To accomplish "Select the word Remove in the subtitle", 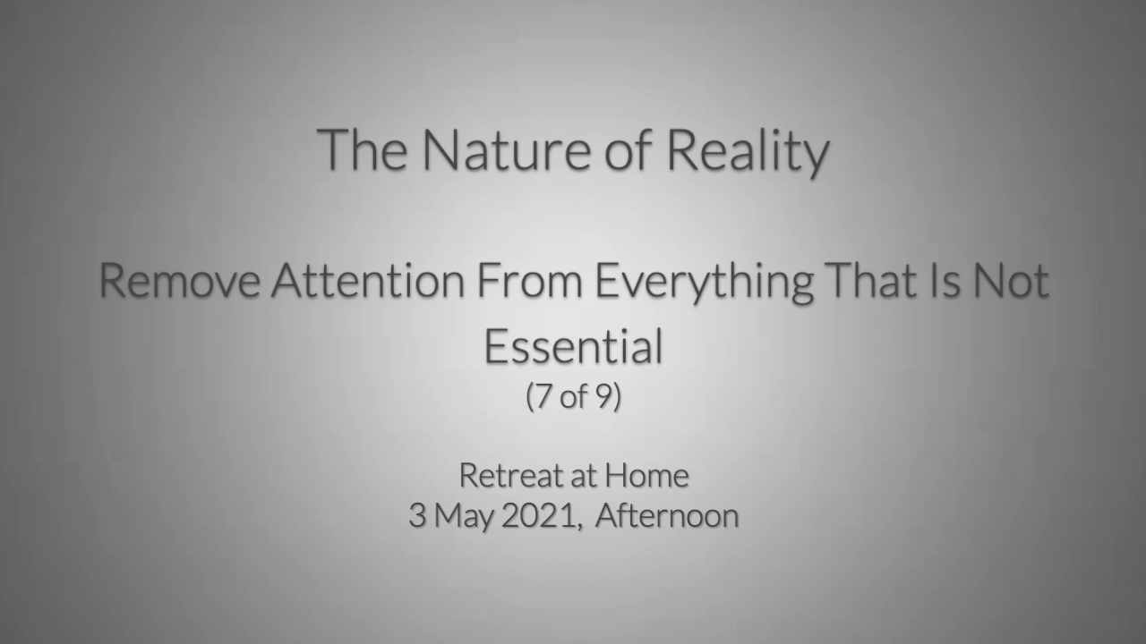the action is [179, 280].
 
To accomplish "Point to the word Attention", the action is [368, 280].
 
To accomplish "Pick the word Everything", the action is [704, 283].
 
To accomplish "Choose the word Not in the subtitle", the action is [1011, 280].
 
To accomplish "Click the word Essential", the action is [573, 346].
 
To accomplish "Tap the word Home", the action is [646, 475].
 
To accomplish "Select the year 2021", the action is [539, 516].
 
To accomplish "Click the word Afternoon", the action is [667, 515].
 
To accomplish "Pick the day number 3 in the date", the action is [417, 516].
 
